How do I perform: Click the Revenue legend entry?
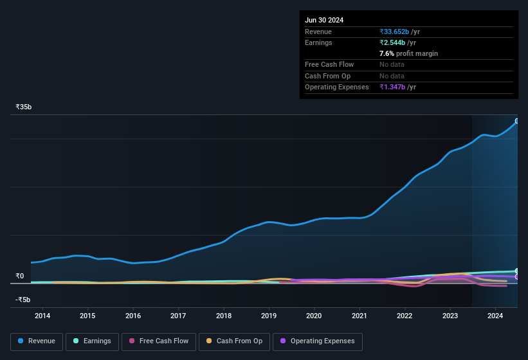pyautogui.click(x=37, y=341)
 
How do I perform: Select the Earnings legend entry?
pyautogui.click(x=92, y=341)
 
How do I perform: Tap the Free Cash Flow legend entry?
pyautogui.click(x=159, y=341)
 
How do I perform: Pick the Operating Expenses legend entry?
pyautogui.click(x=318, y=341)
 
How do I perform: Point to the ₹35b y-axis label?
pyautogui.click(x=24, y=107)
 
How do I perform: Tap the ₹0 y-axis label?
pyautogui.click(x=20, y=276)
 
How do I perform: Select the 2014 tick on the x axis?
pyautogui.click(x=42, y=316)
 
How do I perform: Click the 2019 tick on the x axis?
pyautogui.click(x=269, y=316)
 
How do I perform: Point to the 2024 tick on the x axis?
pyautogui.click(x=495, y=316)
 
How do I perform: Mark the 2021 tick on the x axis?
pyautogui.click(x=360, y=316)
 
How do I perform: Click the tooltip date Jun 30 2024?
pyautogui.click(x=324, y=20)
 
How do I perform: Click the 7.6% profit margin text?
pyautogui.click(x=408, y=53)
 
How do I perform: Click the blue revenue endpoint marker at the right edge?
pyautogui.click(x=517, y=121)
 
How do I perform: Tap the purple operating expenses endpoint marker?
pyautogui.click(x=517, y=277)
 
